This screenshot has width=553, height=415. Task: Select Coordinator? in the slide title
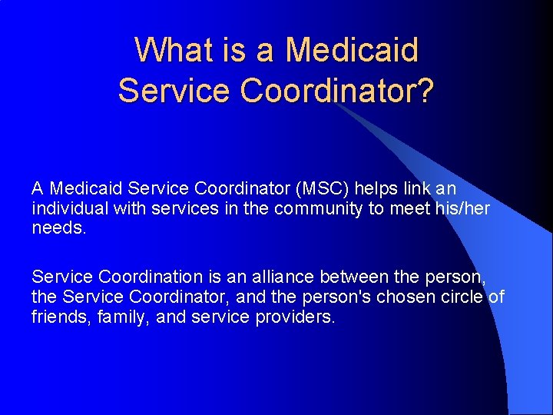337,91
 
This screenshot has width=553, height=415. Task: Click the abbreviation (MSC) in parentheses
315,188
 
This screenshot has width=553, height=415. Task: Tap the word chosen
420,297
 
